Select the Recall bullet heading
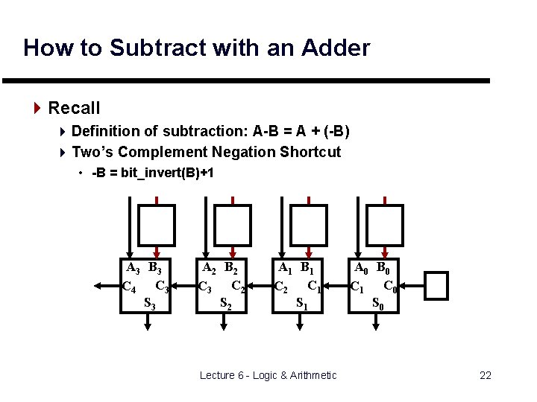pyautogui.click(x=74, y=108)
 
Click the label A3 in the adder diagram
pyautogui.click(x=133, y=268)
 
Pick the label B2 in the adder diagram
pyautogui.click(x=233, y=268)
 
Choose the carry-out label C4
pyautogui.click(x=128, y=286)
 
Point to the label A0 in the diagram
pyautogui.click(x=361, y=268)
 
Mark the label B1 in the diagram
pyautogui.click(x=308, y=268)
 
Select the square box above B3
pyautogui.click(x=157, y=226)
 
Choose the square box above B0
pyautogui.click(x=386, y=226)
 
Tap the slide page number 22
pyautogui.click(x=485, y=375)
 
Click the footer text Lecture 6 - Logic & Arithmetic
pyautogui.click(x=268, y=375)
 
